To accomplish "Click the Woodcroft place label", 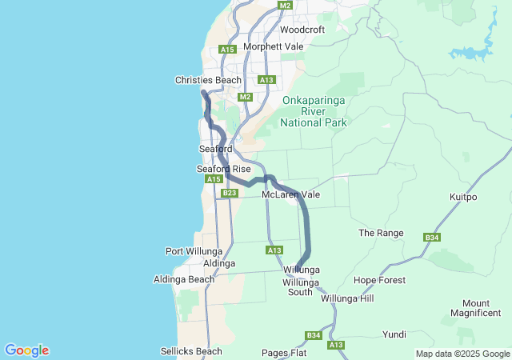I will point(302,30).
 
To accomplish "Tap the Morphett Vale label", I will point(273,46).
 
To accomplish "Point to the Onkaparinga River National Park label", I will point(314,112).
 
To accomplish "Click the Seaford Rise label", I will point(223,169).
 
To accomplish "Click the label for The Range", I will point(381,233).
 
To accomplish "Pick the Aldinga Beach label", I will point(184,279).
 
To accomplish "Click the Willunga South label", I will point(301,287).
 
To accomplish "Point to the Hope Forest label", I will point(379,280).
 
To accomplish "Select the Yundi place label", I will point(394,334).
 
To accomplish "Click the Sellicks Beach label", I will point(191,351).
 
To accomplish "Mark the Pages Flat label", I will point(284,353).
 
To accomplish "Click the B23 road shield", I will point(230,193).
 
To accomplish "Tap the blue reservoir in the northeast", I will point(473,50).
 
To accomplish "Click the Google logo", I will point(26,350).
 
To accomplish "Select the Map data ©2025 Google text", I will point(462,354).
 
